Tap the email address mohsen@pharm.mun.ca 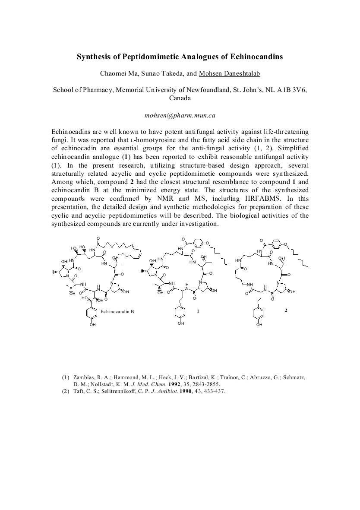180,115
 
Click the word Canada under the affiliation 180,98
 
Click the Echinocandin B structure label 117,311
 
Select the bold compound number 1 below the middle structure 198,311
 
